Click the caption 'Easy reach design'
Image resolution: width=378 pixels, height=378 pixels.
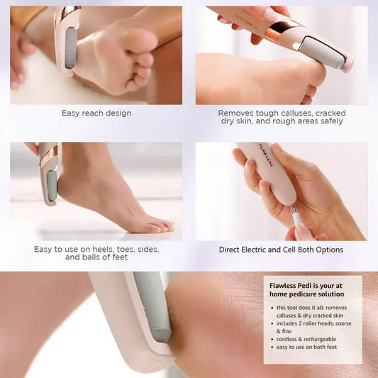click(x=96, y=113)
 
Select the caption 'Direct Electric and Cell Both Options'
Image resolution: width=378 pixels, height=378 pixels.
click(x=281, y=250)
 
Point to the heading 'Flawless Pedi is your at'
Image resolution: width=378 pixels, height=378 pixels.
click(x=307, y=286)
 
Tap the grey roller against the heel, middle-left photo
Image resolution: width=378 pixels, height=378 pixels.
click(x=52, y=185)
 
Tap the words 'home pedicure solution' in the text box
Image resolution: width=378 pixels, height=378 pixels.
click(x=307, y=294)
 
